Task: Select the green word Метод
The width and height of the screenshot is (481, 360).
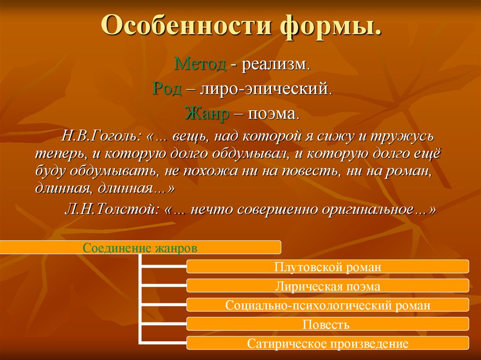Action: pyautogui.click(x=200, y=64)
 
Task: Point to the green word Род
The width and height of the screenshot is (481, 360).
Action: pyautogui.click(x=167, y=89)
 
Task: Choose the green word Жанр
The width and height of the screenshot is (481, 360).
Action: pyautogui.click(x=207, y=114)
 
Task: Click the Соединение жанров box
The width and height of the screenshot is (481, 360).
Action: pyautogui.click(x=140, y=247)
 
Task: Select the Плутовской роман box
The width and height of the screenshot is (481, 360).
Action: pyautogui.click(x=327, y=267)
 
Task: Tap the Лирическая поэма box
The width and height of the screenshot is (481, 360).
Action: pyautogui.click(x=327, y=286)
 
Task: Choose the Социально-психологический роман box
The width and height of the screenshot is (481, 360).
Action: pyautogui.click(x=327, y=305)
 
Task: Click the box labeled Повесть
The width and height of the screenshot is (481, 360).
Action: pyautogui.click(x=327, y=324)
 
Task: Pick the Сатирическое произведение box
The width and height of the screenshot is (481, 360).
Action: pyautogui.click(x=327, y=343)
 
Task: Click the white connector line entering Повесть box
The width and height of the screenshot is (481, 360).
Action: pyautogui.click(x=164, y=324)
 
